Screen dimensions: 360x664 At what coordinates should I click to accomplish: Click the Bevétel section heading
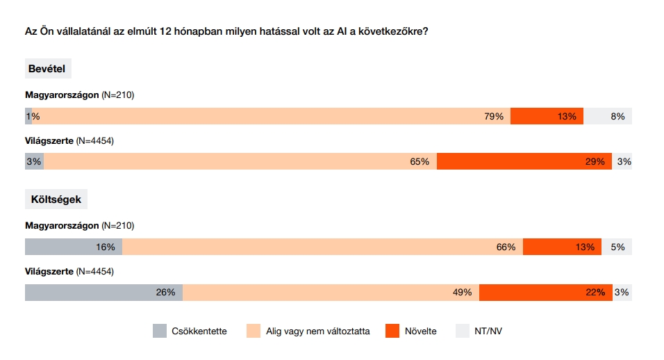(x=47, y=69)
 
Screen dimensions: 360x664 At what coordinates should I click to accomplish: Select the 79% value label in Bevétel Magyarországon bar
(x=494, y=117)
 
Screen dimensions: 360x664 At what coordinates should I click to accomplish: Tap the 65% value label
(x=420, y=162)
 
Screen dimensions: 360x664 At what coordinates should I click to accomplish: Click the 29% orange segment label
(x=595, y=162)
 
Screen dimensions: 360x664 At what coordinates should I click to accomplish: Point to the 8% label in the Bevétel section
(x=617, y=117)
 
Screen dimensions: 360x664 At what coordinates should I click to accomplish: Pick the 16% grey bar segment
(x=74, y=247)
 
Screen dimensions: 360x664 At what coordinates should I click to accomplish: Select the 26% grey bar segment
(x=103, y=293)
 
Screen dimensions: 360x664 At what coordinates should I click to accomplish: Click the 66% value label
(x=506, y=247)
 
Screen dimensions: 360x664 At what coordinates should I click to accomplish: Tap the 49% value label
(x=462, y=293)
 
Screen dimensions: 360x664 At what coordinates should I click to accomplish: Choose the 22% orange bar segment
(x=545, y=293)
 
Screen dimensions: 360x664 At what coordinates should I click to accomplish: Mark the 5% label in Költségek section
(x=617, y=247)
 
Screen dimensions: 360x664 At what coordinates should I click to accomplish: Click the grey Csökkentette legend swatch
(x=160, y=331)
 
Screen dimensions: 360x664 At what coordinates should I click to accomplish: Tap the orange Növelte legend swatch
(x=392, y=331)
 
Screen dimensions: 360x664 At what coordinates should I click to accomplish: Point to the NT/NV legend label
(x=488, y=332)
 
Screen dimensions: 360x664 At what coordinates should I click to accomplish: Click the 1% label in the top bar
(x=33, y=117)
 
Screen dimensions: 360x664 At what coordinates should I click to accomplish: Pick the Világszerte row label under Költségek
(x=49, y=271)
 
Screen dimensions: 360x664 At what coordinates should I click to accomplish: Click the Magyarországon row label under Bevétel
(x=62, y=95)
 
